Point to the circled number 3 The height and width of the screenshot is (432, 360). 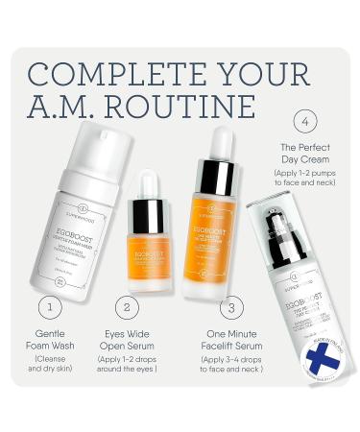coord(228,306)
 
